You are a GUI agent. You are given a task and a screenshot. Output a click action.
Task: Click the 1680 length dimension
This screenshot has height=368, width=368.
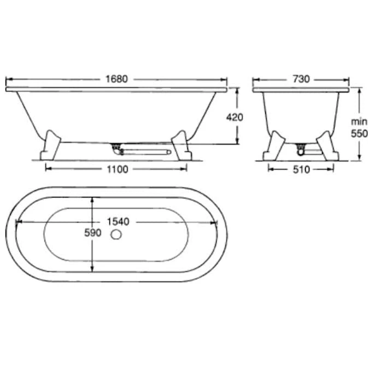coord(116,79)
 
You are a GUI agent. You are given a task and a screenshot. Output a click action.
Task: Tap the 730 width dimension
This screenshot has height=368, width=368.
coord(301,79)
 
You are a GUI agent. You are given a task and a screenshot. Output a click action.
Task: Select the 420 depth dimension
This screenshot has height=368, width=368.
coord(235,117)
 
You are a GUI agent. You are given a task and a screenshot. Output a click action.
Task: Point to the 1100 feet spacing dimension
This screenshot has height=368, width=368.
coord(118,169)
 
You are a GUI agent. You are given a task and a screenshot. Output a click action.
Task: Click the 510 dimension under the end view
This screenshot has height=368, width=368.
coord(301,170)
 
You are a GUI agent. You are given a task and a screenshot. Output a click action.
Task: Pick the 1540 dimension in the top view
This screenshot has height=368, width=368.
coord(118,221)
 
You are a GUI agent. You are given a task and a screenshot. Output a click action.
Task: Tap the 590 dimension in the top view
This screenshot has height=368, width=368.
coord(93,233)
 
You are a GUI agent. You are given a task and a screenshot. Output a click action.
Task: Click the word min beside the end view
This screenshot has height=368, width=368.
coord(359,122)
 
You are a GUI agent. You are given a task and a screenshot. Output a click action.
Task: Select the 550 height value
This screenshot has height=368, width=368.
coord(359,133)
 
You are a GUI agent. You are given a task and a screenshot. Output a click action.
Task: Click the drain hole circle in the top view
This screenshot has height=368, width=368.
coord(116,235)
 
